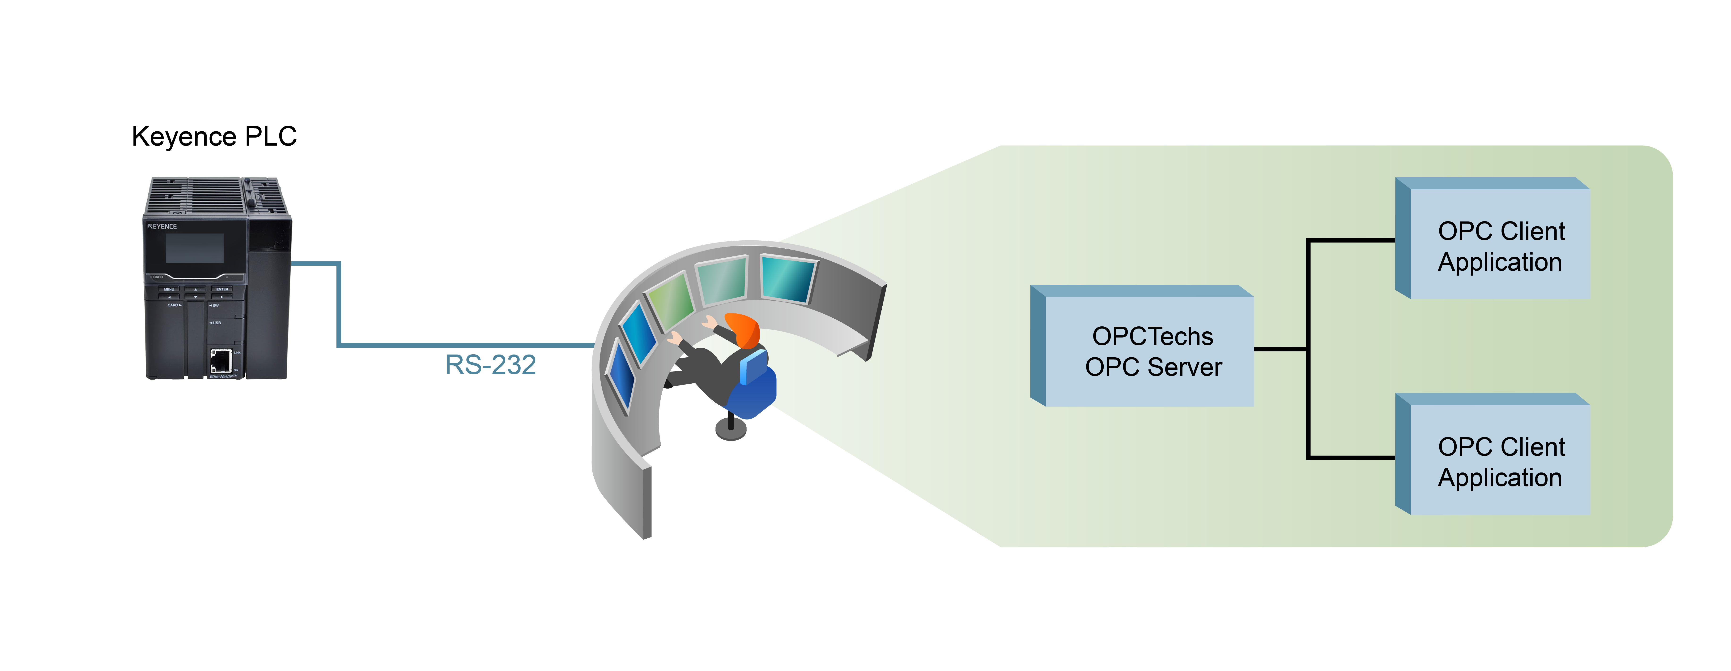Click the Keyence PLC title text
[214, 136]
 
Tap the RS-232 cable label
[490, 365]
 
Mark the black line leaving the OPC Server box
[1280, 349]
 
